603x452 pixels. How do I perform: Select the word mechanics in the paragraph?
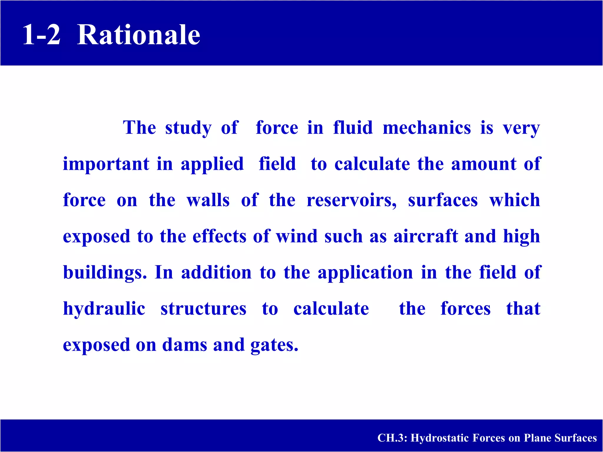[427, 128]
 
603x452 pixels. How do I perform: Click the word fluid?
[353, 128]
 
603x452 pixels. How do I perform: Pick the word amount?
[483, 164]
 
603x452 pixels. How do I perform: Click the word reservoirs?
[351, 200]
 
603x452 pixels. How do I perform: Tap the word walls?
[208, 200]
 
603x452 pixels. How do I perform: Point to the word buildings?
[105, 273]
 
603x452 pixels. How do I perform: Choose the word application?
[365, 273]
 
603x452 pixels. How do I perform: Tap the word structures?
[203, 309]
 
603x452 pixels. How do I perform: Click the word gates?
[274, 346]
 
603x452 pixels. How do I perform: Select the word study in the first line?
[188, 129]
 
